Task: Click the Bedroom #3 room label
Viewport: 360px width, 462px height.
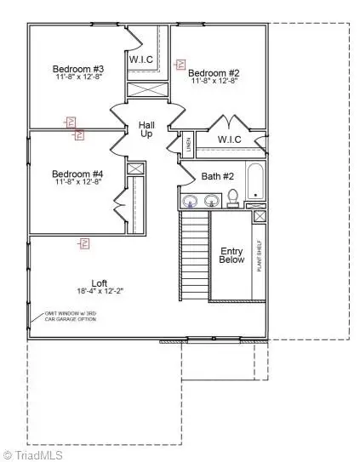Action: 77,69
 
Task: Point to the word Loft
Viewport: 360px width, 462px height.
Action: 100,283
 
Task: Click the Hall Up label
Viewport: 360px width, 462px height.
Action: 146,130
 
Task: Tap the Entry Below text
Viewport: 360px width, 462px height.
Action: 231,256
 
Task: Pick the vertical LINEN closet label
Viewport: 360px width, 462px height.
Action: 189,145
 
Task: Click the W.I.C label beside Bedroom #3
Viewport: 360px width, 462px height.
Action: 140,60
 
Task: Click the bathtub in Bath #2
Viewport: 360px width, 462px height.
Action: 254,183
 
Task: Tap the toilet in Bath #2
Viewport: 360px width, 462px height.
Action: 231,199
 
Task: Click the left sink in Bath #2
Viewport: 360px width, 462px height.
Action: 191,202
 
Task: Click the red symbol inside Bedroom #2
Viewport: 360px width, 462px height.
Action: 180,64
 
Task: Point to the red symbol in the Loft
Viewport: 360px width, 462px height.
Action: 85,244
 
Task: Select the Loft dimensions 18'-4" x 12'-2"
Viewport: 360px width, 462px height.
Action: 100,292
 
